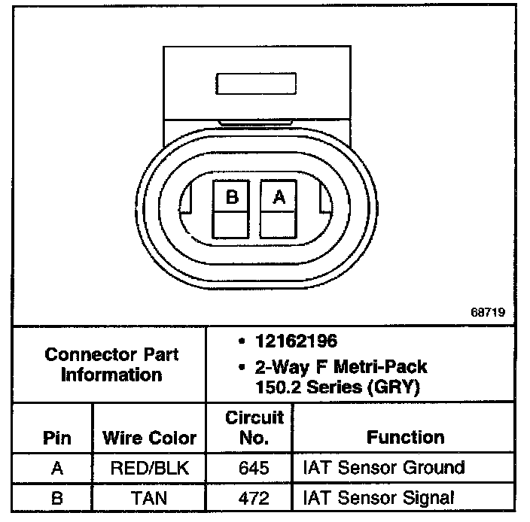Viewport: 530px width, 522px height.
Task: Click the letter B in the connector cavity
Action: pyautogui.click(x=233, y=197)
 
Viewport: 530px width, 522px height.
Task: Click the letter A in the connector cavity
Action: pyautogui.click(x=279, y=197)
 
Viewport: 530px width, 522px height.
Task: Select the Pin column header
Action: pyautogui.click(x=57, y=439)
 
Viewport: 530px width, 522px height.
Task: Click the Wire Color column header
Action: pyautogui.click(x=149, y=439)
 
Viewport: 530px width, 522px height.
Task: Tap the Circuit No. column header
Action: pyautogui.click(x=254, y=426)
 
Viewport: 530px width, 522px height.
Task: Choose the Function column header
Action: pyautogui.click(x=406, y=437)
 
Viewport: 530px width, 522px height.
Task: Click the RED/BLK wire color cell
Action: pyautogui.click(x=149, y=468)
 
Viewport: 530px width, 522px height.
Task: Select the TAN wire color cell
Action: pyautogui.click(x=149, y=497)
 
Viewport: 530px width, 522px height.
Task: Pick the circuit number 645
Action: pyautogui.click(x=253, y=468)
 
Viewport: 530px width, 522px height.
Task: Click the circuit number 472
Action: pyautogui.click(x=253, y=497)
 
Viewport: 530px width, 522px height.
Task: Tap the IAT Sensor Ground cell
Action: pyautogui.click(x=383, y=468)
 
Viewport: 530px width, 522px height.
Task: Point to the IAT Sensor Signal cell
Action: pyautogui.click(x=379, y=497)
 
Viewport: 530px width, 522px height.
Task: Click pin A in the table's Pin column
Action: pyautogui.click(x=57, y=468)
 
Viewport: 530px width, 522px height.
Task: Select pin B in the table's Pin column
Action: pyautogui.click(x=57, y=497)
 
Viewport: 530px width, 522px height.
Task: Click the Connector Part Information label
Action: pyautogui.click(x=111, y=364)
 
